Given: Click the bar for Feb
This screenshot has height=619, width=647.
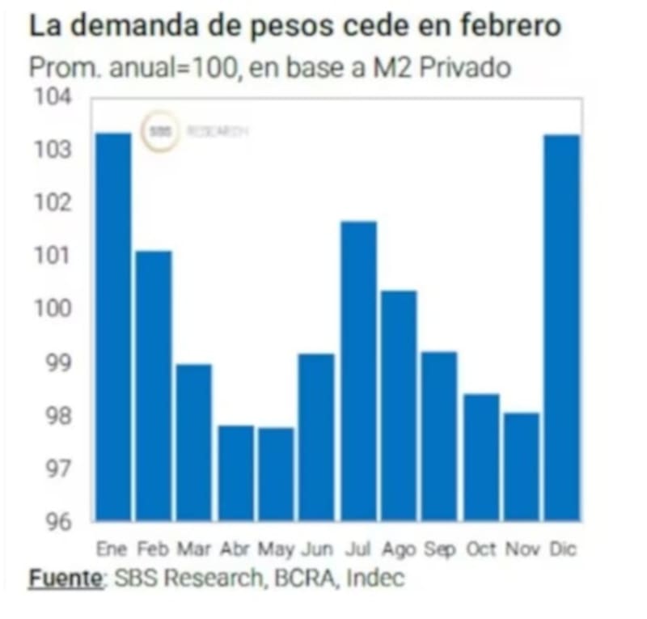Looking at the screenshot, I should coord(154,385).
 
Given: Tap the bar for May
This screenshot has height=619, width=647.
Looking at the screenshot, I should coord(276,473).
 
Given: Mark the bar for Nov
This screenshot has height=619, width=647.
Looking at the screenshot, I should coord(521,466).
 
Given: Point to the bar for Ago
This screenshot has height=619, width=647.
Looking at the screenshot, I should coord(399,405).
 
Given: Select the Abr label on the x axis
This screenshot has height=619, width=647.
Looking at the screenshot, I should coord(235,549).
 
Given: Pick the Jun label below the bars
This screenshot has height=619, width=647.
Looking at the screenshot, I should coord(316,549).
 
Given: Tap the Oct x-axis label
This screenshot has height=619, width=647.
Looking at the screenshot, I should coord(481,549).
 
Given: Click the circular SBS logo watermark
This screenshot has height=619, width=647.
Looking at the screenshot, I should coord(161,132).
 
